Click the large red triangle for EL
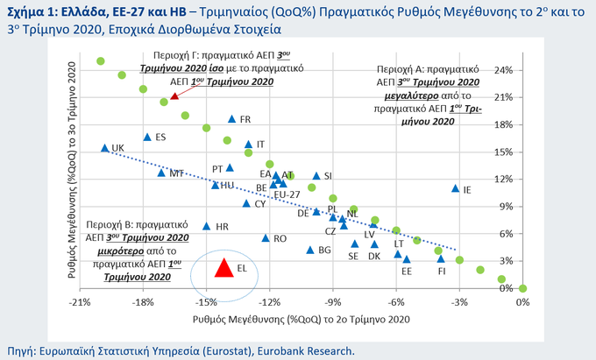tap(223, 268)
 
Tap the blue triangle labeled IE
tap(455, 188)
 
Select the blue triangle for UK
tap(104, 148)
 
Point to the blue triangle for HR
tap(207, 226)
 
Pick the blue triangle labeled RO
tap(266, 237)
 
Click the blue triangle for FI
tap(441, 258)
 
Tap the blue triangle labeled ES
tap(147, 137)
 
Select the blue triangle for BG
tap(309, 250)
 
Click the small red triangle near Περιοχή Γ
tap(174, 95)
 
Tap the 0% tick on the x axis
tap(522, 301)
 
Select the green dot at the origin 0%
tap(522, 287)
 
